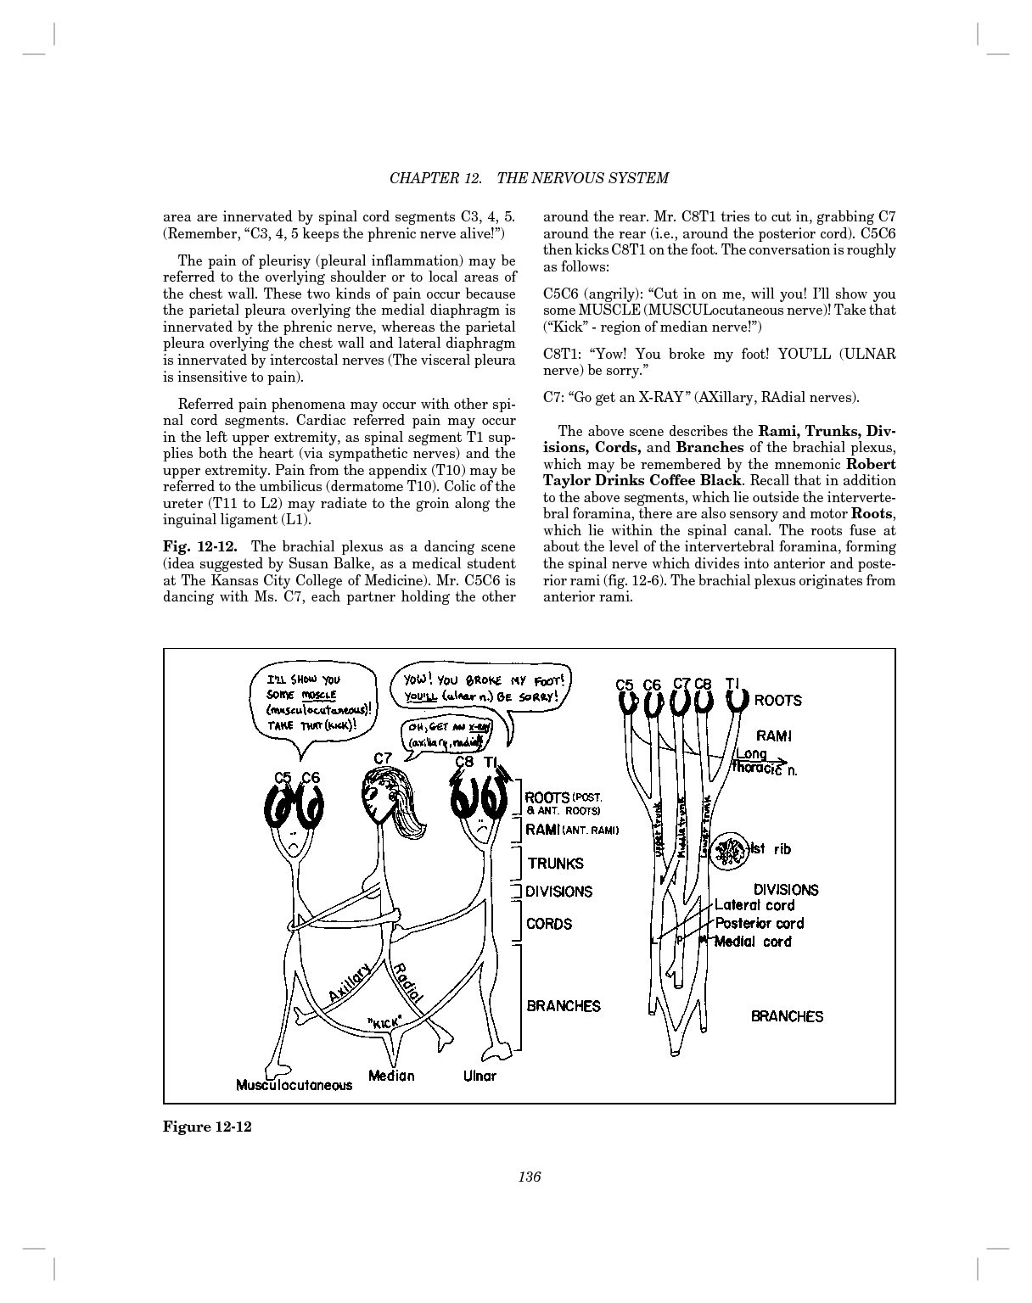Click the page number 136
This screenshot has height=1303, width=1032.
click(x=529, y=1177)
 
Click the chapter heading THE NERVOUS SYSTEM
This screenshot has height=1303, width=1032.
click(x=582, y=178)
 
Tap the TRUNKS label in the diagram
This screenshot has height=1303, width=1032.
click(x=555, y=864)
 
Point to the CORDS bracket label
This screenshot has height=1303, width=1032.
click(x=549, y=924)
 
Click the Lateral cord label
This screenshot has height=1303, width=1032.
click(x=754, y=905)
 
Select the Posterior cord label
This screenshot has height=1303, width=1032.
click(x=759, y=923)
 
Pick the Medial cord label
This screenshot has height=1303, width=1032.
click(x=753, y=942)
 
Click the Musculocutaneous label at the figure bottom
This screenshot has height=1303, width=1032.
click(x=294, y=1085)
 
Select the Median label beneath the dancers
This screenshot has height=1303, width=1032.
click(x=391, y=1076)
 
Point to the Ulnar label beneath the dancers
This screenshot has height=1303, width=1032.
click(x=480, y=1076)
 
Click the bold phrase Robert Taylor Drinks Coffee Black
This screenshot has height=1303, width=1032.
click(x=719, y=472)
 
